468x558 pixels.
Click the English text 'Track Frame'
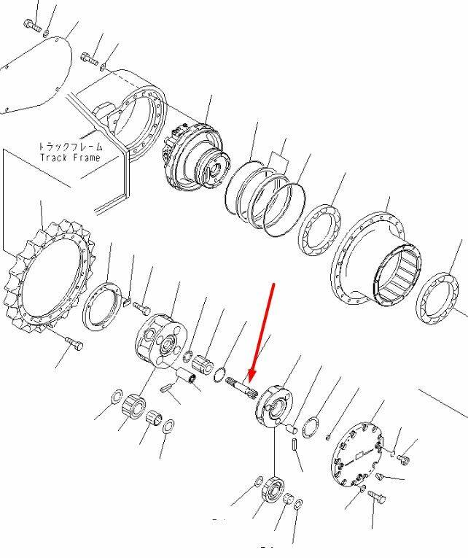coord(70,158)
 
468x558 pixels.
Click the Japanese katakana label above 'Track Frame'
coord(70,147)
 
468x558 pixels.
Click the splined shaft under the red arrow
coord(241,387)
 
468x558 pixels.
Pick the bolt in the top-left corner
coord(32,26)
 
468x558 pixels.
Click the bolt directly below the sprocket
coord(74,344)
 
